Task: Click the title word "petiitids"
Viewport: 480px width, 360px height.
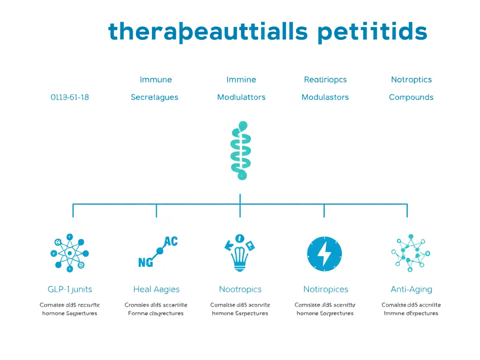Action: tap(372, 32)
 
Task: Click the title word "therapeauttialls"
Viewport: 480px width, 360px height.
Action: tap(208, 32)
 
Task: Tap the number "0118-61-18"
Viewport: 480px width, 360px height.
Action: tap(69, 97)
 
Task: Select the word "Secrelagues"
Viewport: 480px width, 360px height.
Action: tap(154, 97)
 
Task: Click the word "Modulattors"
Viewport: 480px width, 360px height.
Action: tap(241, 97)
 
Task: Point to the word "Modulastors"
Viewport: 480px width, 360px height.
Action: tap(325, 97)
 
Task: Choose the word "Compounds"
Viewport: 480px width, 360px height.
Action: tap(411, 97)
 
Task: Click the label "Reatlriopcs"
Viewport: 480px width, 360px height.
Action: tap(325, 80)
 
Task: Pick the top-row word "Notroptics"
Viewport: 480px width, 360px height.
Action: tap(411, 80)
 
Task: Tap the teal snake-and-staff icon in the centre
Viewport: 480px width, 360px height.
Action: tap(240, 151)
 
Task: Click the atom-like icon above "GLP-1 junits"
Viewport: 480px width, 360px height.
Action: tap(69, 253)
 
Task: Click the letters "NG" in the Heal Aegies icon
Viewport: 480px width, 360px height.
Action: tap(145, 263)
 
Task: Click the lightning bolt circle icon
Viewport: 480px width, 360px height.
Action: tap(324, 254)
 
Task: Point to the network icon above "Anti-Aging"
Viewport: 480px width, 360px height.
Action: tap(411, 253)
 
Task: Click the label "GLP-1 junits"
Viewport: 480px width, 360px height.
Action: tap(70, 289)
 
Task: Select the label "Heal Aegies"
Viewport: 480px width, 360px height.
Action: tap(156, 289)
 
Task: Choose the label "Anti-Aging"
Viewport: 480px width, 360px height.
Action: tap(411, 289)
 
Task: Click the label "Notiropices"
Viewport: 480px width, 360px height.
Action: tap(325, 289)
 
